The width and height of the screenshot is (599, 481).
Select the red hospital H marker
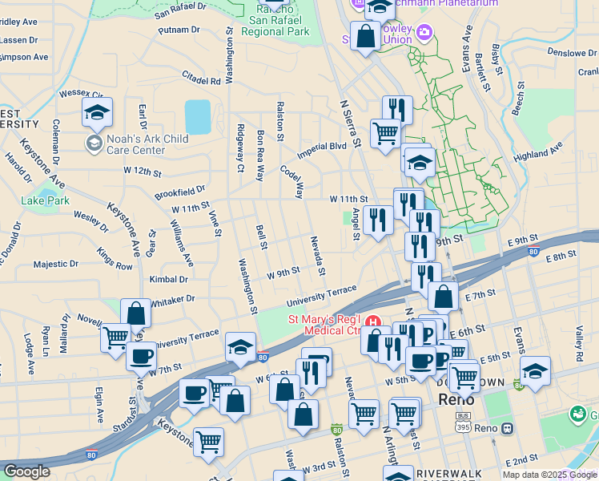[x=372, y=323]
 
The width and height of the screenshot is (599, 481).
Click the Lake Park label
[x=46, y=200]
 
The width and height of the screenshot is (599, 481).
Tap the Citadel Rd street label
[x=200, y=81]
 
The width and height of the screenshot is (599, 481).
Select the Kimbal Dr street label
[x=168, y=279]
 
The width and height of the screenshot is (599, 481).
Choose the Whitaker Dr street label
[x=172, y=298]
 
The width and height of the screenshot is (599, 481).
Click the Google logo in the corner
[x=26, y=471]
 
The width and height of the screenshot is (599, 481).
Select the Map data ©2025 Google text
[x=549, y=475]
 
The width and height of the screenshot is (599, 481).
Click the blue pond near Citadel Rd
[x=198, y=116]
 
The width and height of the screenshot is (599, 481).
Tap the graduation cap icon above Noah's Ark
[x=97, y=113]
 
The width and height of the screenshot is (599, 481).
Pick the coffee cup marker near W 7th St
[x=142, y=356]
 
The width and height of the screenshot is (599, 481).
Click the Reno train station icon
[x=507, y=428]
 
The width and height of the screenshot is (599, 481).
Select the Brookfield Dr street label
[x=179, y=192]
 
